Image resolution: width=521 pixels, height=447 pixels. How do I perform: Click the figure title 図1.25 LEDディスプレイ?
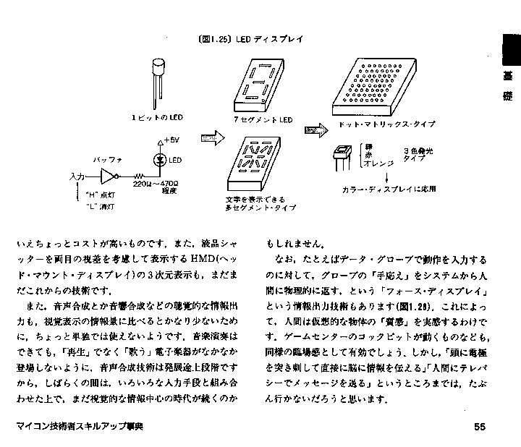[249, 39]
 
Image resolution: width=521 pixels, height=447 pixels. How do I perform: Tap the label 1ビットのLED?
[158, 117]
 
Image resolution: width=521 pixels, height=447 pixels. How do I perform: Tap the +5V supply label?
[171, 140]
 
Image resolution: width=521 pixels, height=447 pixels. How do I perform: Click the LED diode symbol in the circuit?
[161, 161]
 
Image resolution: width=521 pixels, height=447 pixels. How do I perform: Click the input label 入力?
[77, 176]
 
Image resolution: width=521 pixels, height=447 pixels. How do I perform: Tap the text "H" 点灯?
[97, 195]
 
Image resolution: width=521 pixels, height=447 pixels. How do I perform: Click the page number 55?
[479, 427]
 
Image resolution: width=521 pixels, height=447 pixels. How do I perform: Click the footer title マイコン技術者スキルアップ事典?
[79, 427]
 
